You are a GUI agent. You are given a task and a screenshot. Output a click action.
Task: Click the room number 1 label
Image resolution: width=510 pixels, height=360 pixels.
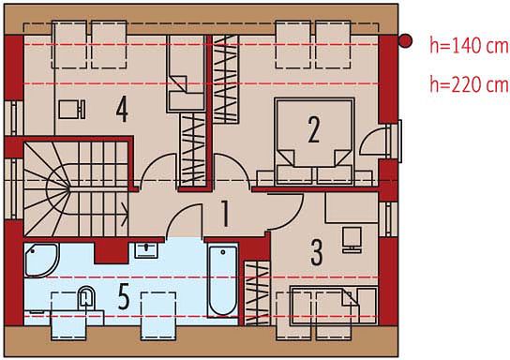pos(225,214)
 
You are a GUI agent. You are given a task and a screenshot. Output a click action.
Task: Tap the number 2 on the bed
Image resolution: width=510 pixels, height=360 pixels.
pos(313,129)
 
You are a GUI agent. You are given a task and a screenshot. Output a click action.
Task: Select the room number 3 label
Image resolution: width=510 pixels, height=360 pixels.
pos(317,252)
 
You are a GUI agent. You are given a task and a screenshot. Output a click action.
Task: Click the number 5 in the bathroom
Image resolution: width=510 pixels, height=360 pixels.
pos(124,296)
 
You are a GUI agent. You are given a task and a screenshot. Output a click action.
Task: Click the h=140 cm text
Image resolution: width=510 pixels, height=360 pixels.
pos(469,45)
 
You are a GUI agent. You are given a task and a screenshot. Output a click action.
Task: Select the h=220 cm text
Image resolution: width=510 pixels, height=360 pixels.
pos(469,83)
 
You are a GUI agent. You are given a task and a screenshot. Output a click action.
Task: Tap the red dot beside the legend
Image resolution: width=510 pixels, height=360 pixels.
pos(405,41)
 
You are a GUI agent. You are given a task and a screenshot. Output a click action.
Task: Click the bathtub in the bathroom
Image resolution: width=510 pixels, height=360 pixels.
pos(223,281)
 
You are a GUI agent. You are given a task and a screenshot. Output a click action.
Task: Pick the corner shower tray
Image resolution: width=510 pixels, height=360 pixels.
pos(41,261)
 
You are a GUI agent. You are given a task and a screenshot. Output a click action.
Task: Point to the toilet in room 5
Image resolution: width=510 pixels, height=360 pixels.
pos(86,297)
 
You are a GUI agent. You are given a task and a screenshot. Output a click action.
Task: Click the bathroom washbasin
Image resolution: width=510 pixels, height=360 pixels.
pos(146,249)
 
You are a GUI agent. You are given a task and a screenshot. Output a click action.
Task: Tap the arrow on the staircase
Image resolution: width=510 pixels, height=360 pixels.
pos(125,215)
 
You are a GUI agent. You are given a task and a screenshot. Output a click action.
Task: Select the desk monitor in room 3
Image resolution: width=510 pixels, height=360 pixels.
pos(352,240)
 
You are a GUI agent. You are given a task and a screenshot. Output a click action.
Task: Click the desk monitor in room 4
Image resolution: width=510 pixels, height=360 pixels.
pos(72,109)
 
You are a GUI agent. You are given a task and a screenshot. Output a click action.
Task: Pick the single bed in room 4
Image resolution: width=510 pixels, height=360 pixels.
pos(186,73)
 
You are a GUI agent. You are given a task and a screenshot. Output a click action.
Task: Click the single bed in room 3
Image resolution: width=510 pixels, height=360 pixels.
pos(334,305)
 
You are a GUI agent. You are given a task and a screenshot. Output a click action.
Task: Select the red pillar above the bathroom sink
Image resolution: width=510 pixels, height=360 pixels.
pos(111,253)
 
